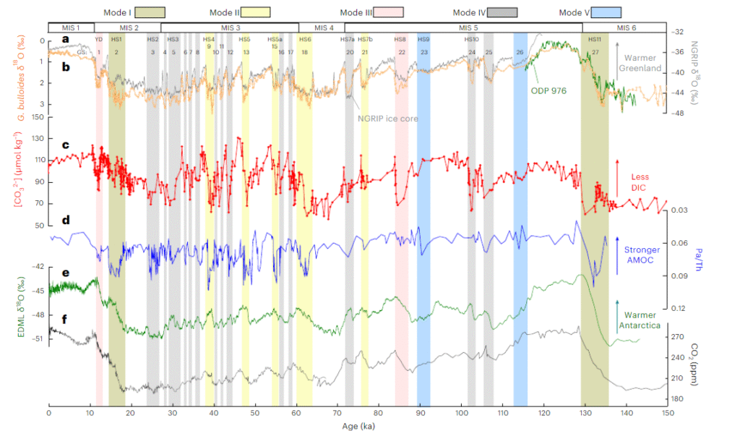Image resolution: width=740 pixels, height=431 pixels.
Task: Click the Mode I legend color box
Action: (x=150, y=12)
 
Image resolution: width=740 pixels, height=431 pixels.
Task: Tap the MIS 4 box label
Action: (x=322, y=27)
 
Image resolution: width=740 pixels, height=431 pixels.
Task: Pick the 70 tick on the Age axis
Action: (x=337, y=412)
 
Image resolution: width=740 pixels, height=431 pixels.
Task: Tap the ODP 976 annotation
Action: (x=548, y=91)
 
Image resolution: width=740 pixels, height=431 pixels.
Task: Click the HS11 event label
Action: (x=595, y=38)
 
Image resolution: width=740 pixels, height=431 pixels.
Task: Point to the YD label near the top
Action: (x=99, y=38)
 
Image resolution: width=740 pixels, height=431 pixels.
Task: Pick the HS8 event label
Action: (x=400, y=38)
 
